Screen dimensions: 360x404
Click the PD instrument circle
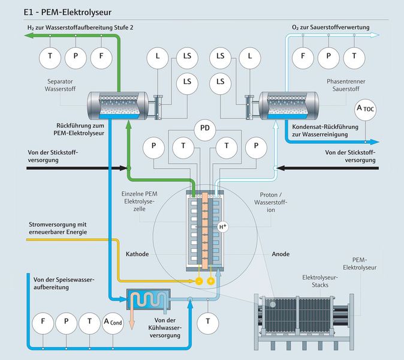[205, 128]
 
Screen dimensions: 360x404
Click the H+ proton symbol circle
[223, 227]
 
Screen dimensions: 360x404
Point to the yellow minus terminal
[198, 280]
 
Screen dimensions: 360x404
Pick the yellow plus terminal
[211, 280]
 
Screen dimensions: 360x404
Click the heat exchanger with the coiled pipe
[147, 298]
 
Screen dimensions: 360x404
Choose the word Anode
[281, 254]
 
